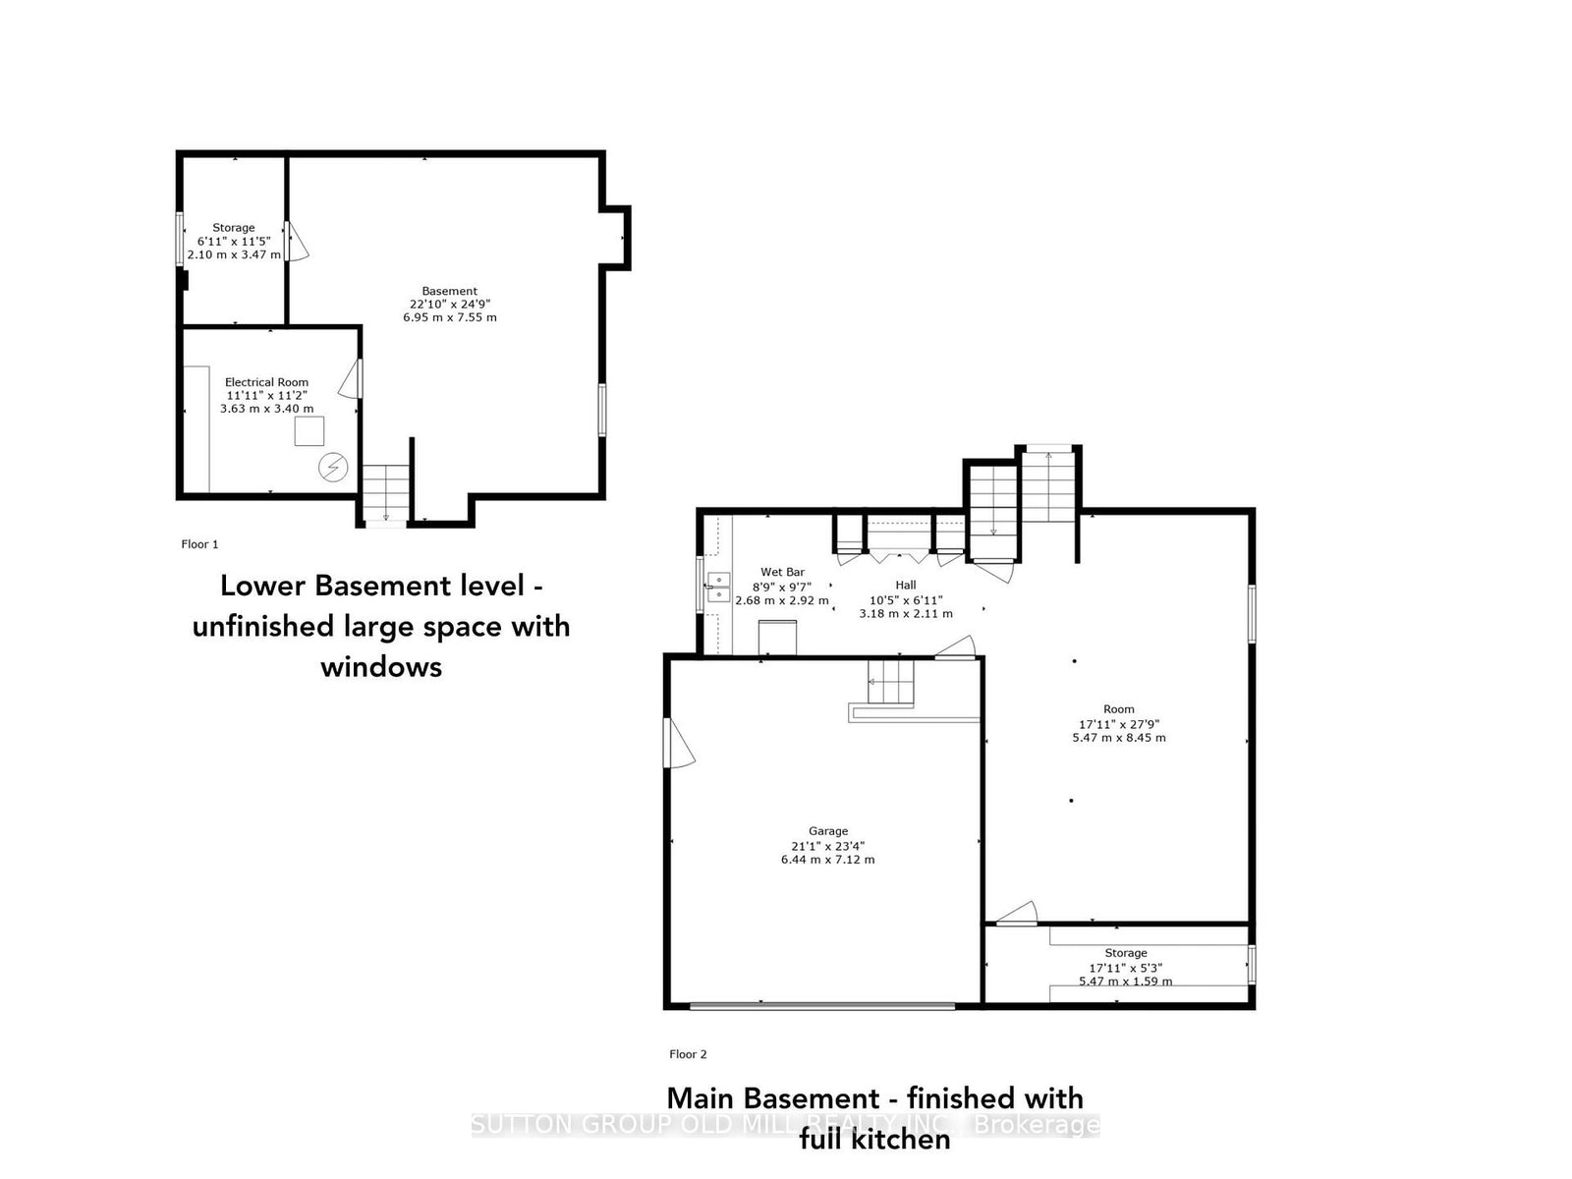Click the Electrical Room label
[x=266, y=382]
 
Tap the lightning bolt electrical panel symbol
[x=333, y=467]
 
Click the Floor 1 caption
[x=199, y=544]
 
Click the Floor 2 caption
[x=688, y=1054]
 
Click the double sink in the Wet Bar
[x=718, y=588]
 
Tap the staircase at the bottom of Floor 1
[x=385, y=493]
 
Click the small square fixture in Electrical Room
[x=310, y=431]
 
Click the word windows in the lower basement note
[x=381, y=667]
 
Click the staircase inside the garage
[x=890, y=682]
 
